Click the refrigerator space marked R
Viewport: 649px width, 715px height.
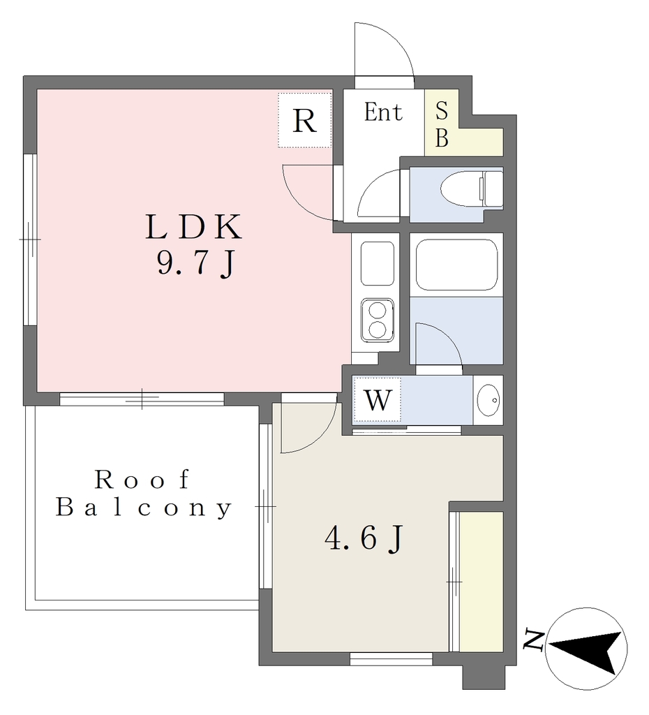304,120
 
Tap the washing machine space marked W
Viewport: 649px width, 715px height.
378,400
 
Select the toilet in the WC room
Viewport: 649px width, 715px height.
471,189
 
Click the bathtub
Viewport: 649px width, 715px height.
456,265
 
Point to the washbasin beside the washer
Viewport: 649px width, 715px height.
488,400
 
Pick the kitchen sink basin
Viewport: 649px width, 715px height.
378,263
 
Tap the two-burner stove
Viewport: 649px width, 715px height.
378,320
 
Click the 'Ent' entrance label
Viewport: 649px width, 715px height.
383,112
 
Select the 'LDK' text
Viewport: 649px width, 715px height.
194,227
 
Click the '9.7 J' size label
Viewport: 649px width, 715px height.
195,264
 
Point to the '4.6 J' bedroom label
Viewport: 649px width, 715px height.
364,538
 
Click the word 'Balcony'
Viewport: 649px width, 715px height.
144,508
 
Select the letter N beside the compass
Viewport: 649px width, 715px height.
534,640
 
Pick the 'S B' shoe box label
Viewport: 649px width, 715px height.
442,124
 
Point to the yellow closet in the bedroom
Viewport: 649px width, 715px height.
481,582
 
